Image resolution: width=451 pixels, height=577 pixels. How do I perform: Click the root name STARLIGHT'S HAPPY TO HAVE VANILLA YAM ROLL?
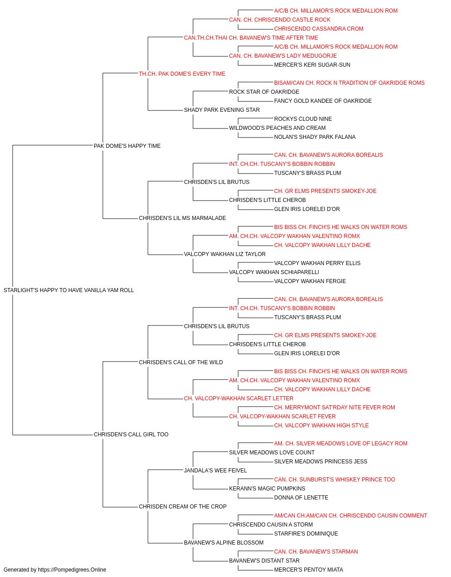pyautogui.click(x=69, y=290)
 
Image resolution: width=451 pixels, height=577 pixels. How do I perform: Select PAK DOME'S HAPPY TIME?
pyautogui.click(x=127, y=146)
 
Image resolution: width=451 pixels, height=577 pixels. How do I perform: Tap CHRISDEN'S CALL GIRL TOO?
pyautogui.click(x=131, y=435)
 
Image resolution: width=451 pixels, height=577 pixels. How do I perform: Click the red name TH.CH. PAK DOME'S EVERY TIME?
pyautogui.click(x=182, y=74)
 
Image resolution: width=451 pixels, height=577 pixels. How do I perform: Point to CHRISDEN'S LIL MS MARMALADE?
pyautogui.click(x=182, y=218)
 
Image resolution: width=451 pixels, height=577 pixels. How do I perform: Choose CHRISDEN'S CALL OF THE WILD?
pyautogui.click(x=181, y=362)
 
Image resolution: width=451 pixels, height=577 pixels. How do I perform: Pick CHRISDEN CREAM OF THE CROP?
pyautogui.click(x=183, y=507)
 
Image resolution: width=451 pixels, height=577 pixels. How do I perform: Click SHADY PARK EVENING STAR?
pyautogui.click(x=222, y=110)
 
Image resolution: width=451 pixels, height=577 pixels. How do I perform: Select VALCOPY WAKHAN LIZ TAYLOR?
pyautogui.click(x=225, y=254)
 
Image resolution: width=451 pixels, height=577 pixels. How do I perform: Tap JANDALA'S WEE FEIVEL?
pyautogui.click(x=216, y=471)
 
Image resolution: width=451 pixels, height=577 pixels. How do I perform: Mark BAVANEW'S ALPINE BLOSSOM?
pyautogui.click(x=224, y=543)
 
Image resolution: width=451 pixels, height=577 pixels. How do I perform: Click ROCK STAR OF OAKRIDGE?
pyautogui.click(x=264, y=92)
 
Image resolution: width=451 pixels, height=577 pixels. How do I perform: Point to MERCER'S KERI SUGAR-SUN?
pyautogui.click(x=312, y=65)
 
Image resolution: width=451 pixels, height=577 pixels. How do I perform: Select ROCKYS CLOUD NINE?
pyautogui.click(x=303, y=119)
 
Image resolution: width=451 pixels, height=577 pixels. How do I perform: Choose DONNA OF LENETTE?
pyautogui.click(x=301, y=498)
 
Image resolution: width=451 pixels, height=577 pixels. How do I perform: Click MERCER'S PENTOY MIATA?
pyautogui.click(x=308, y=570)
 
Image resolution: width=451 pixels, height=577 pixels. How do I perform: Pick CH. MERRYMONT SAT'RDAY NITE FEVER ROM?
pyautogui.click(x=334, y=408)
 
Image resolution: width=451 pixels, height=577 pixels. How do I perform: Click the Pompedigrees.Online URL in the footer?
pyautogui.click(x=72, y=570)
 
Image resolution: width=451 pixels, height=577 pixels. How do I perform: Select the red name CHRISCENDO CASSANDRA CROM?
pyautogui.click(x=319, y=29)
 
